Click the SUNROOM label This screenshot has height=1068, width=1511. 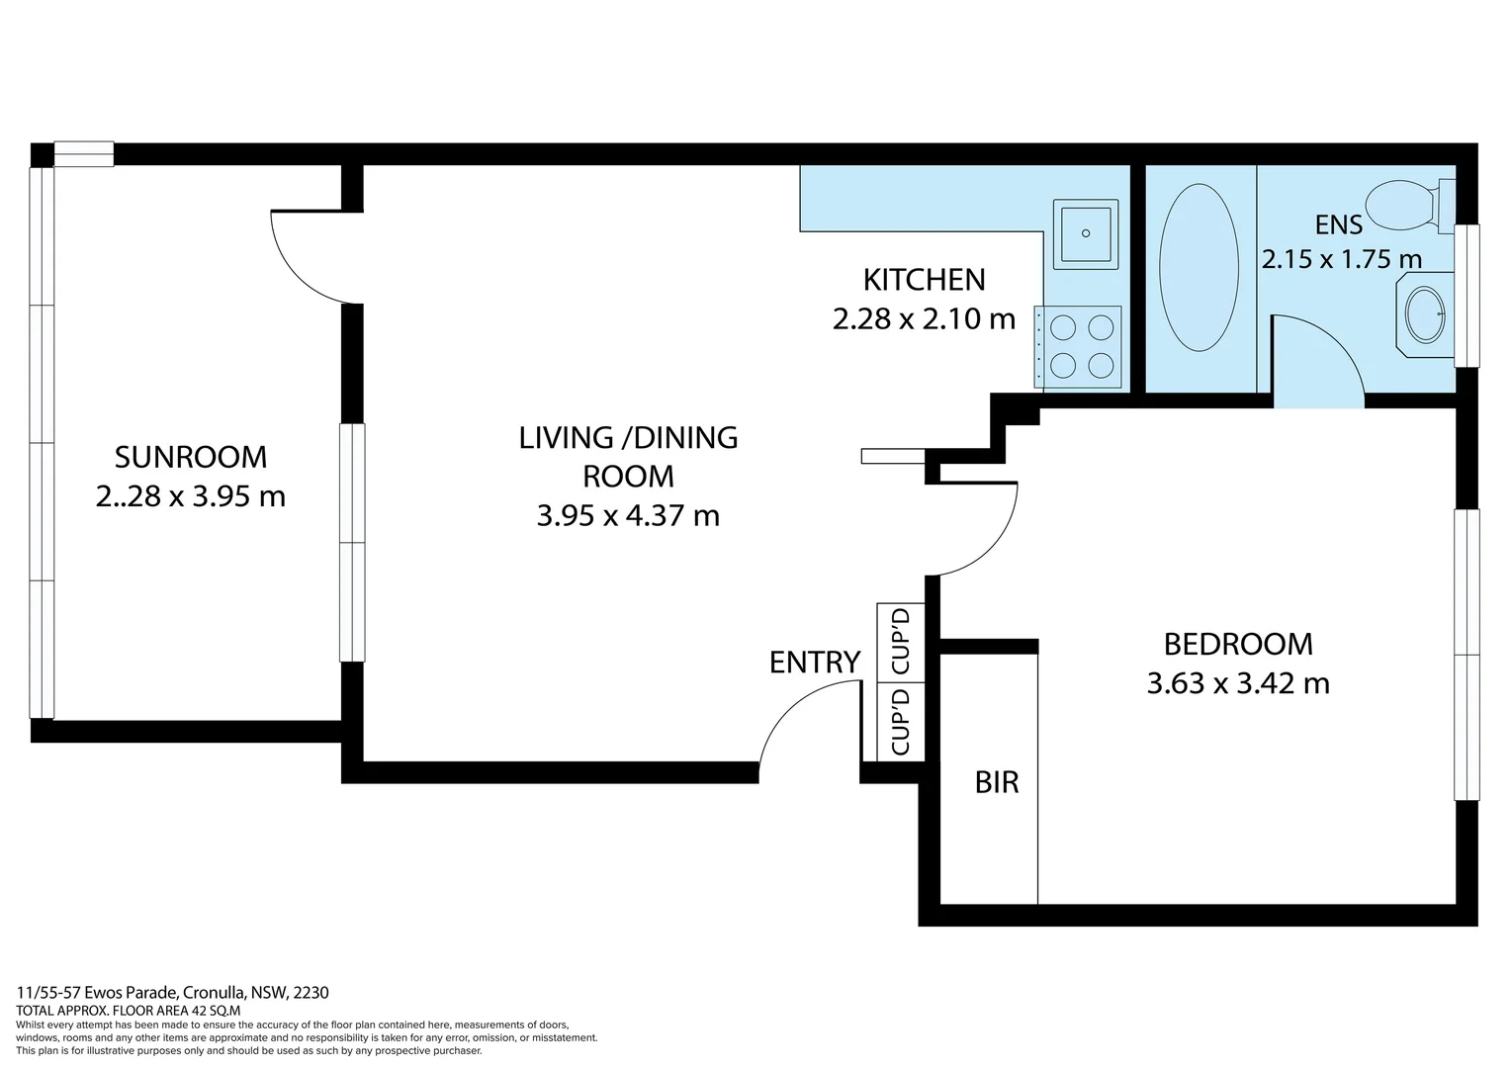[191, 458]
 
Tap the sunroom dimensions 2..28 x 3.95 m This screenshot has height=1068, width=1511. [191, 496]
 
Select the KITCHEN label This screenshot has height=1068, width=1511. [925, 280]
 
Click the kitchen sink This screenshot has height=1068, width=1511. [1086, 234]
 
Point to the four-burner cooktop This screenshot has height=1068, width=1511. [1079, 347]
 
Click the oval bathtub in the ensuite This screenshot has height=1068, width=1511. [1199, 267]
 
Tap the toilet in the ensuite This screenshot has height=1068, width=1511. [1410, 206]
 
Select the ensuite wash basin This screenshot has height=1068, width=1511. [1425, 314]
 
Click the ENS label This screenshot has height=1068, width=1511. [1339, 225]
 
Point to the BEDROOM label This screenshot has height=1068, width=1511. [1238, 645]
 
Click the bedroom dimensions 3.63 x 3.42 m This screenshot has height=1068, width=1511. [1238, 683]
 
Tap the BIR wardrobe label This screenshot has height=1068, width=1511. [997, 782]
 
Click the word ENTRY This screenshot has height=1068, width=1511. [815, 663]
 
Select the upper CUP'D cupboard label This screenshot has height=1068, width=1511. [901, 641]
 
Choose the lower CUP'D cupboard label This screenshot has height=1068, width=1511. [901, 722]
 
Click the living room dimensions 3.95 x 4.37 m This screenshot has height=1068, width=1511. [628, 516]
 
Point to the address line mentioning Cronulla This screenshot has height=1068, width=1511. [173, 993]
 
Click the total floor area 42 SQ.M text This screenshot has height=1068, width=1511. [129, 1011]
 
